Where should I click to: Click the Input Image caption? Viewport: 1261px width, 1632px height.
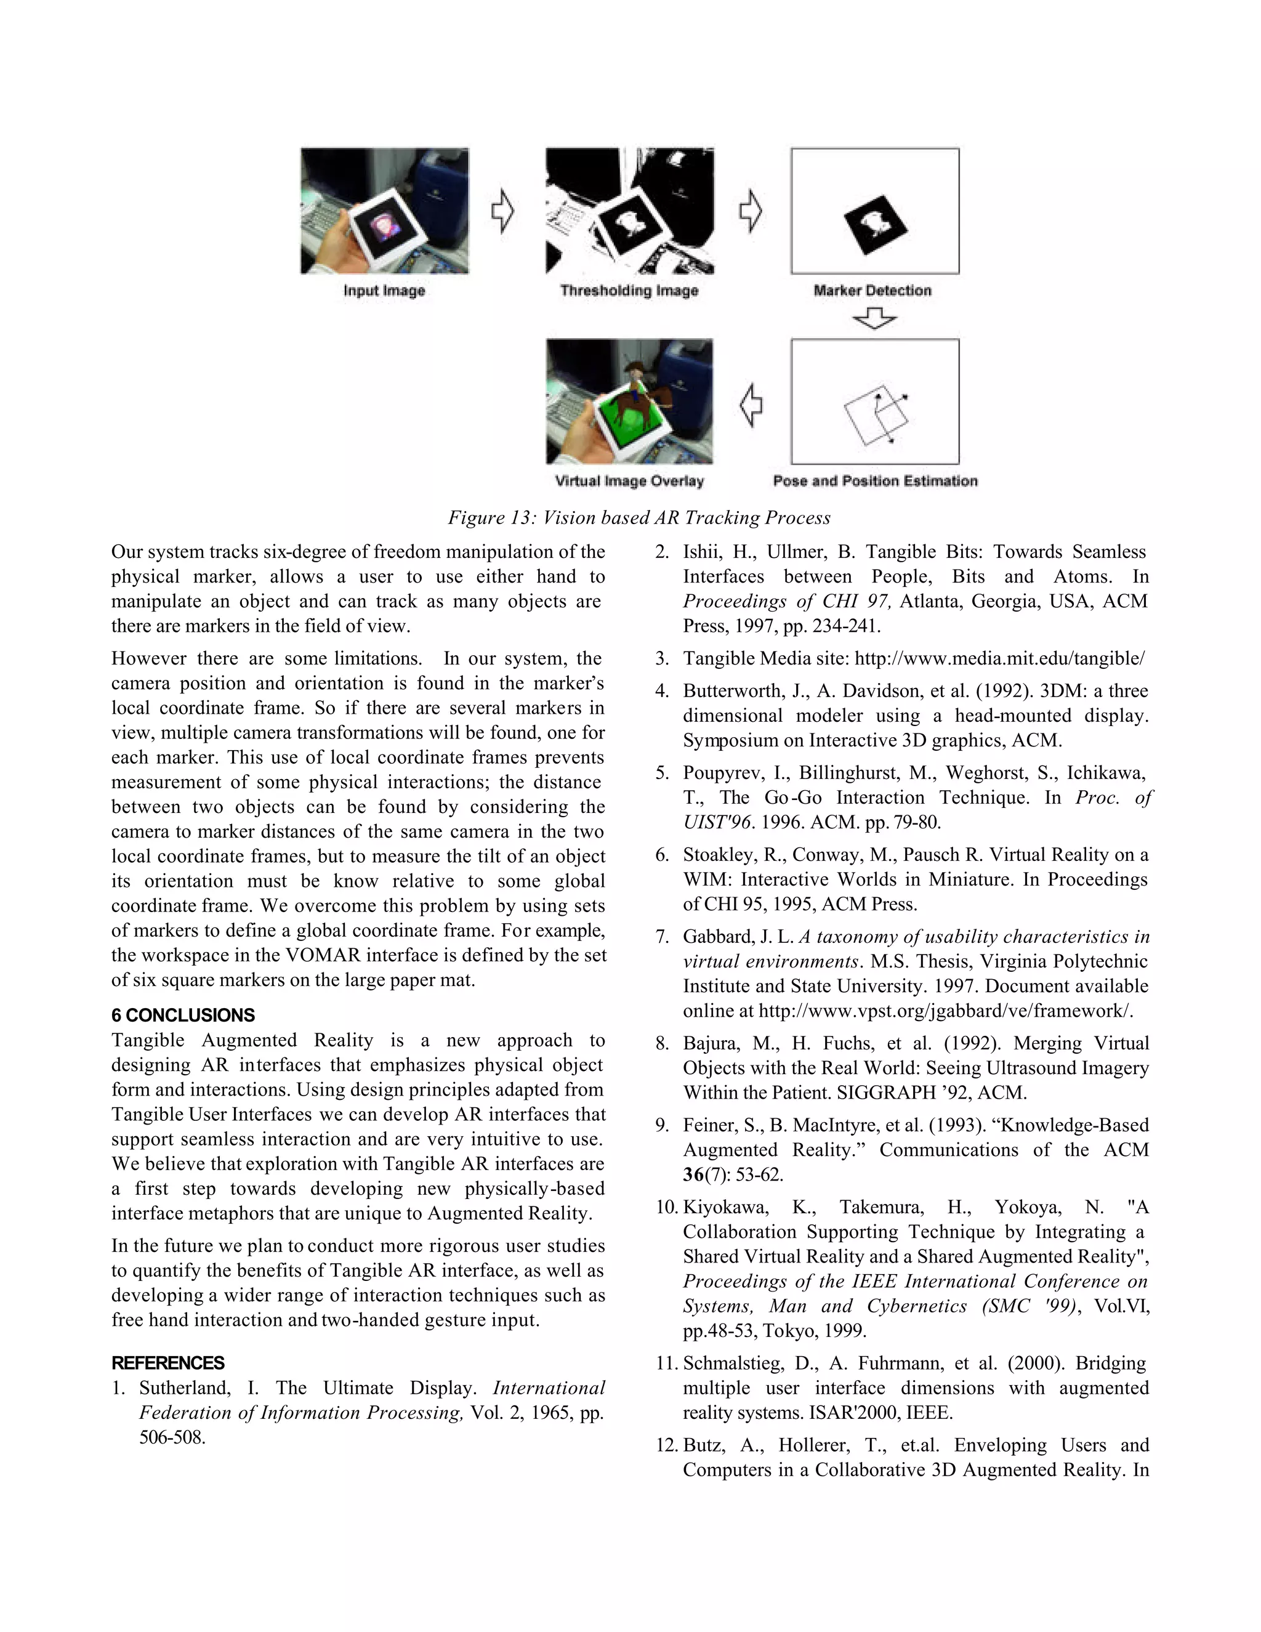pyautogui.click(x=384, y=291)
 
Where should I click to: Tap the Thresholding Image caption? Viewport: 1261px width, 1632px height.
pyautogui.click(x=629, y=291)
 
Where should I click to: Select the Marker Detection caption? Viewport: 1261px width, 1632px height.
pyautogui.click(x=872, y=291)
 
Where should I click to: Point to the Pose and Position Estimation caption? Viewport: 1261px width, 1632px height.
pyautogui.click(x=875, y=481)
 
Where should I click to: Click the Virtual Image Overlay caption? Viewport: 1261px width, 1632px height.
pyautogui.click(x=629, y=481)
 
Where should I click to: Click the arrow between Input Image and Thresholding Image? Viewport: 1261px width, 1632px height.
pyautogui.click(x=503, y=211)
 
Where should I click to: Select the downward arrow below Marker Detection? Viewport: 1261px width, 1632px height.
pyautogui.click(x=874, y=320)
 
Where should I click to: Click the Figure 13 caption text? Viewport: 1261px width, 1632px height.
pyautogui.click(x=639, y=518)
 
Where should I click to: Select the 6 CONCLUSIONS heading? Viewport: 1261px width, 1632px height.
pyautogui.click(x=183, y=1016)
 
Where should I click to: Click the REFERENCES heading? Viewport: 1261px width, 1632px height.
pyautogui.click(x=168, y=1363)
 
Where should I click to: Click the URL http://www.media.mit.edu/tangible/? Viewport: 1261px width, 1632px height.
pyautogui.click(x=999, y=659)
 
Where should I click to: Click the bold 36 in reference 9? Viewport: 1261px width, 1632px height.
pyautogui.click(x=693, y=1174)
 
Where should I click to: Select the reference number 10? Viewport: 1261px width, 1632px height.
pyautogui.click(x=666, y=1208)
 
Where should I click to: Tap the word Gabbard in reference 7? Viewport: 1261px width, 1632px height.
pyautogui.click(x=718, y=937)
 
